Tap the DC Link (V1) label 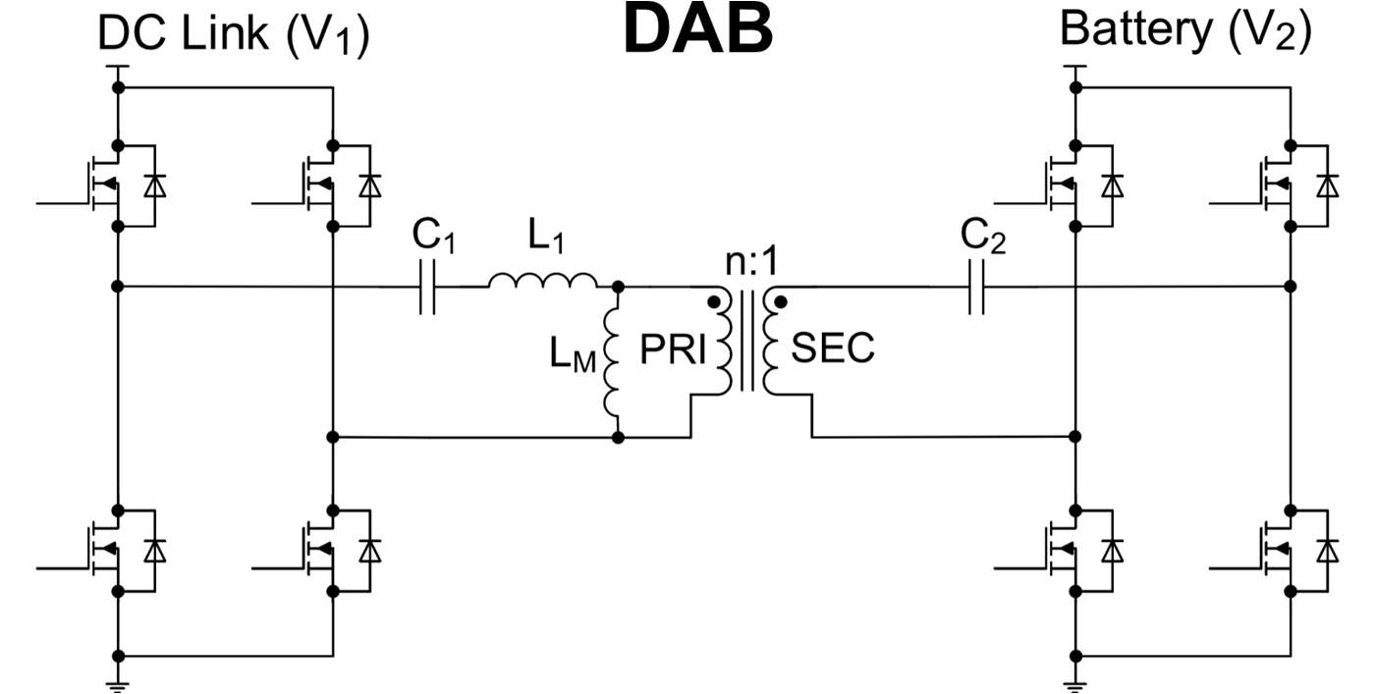pos(234,35)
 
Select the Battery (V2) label pos(1184,30)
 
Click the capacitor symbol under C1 pos(427,288)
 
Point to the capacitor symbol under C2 pos(975,288)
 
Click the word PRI pos(674,351)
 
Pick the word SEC pos(833,351)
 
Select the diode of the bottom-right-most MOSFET pos(1328,552)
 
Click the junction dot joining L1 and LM pos(618,288)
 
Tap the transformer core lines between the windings pos(752,344)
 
